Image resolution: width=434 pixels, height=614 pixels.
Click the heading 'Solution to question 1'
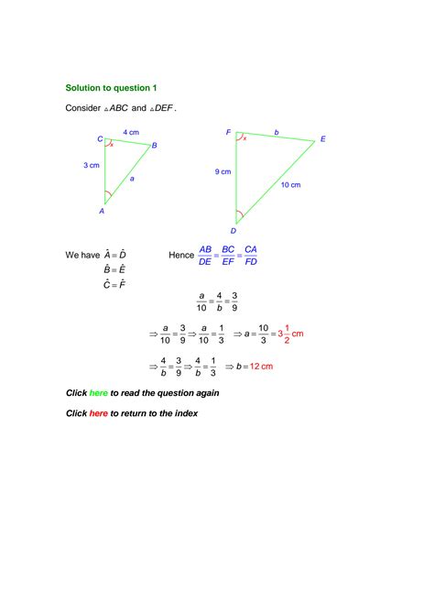(x=112, y=88)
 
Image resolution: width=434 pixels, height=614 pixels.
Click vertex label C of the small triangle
(x=100, y=139)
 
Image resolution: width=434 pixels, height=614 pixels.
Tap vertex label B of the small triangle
(x=155, y=146)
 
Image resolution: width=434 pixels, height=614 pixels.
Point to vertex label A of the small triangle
(x=102, y=211)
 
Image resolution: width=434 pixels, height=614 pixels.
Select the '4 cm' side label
(x=131, y=133)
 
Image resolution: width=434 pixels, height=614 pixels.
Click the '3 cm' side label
(x=91, y=166)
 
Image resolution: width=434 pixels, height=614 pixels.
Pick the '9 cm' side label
(x=223, y=171)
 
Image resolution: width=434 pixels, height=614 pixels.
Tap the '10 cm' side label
(x=290, y=185)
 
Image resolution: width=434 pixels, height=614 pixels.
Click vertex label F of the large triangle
(x=229, y=133)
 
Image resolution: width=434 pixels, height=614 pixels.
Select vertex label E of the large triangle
(x=322, y=139)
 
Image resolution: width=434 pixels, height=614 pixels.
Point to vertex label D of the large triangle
(x=233, y=232)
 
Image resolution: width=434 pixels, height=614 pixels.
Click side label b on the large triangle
(x=277, y=132)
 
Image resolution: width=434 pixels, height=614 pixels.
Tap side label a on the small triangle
(x=132, y=179)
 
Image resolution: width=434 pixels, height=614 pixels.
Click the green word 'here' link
(x=98, y=392)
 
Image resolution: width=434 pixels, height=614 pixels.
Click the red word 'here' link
(x=98, y=413)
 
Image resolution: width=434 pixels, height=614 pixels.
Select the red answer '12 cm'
(x=262, y=367)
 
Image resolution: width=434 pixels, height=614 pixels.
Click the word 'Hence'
(x=182, y=255)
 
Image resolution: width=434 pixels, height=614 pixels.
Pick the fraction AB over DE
(x=205, y=255)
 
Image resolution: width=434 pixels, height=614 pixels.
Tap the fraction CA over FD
(x=251, y=255)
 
